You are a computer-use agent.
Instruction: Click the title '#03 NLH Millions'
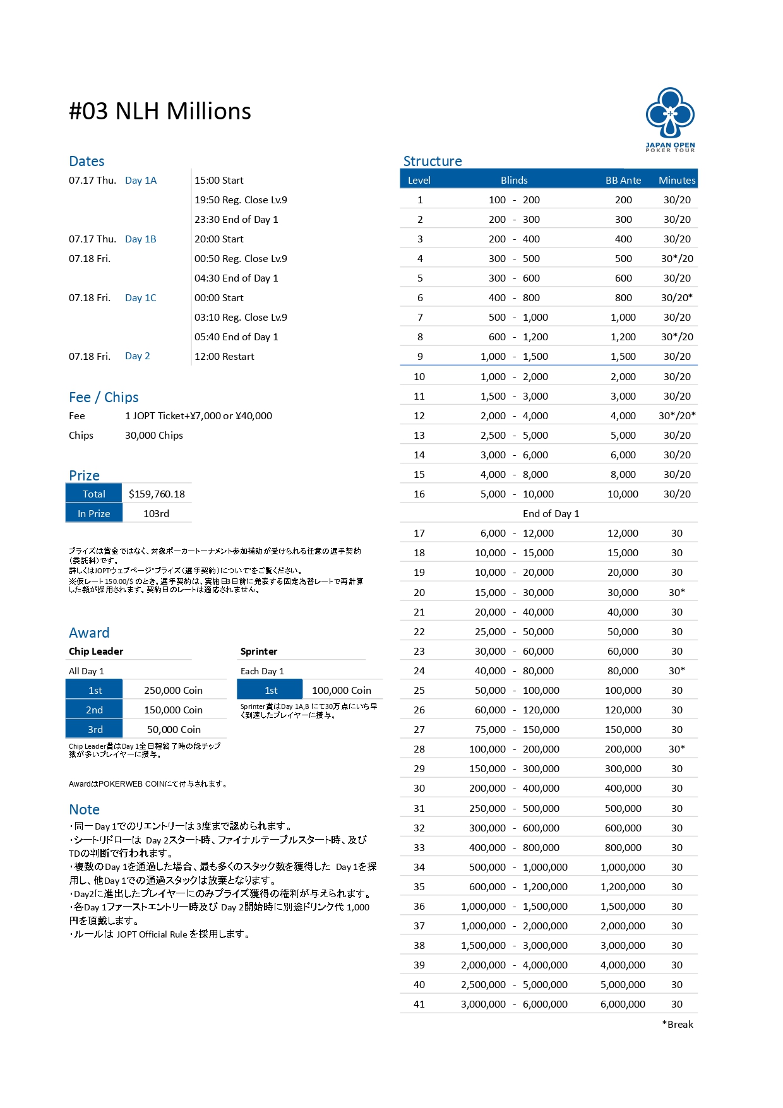click(160, 112)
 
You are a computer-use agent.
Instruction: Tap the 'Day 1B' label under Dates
click(140, 239)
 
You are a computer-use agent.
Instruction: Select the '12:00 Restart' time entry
click(224, 357)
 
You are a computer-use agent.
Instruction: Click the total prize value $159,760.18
click(157, 494)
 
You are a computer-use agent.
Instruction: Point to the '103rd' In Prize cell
click(156, 514)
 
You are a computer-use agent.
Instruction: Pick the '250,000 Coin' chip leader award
click(173, 691)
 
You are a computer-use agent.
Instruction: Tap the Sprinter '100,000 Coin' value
click(341, 691)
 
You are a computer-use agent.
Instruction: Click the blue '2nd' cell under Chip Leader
click(94, 710)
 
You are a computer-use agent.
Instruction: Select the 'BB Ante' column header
click(623, 181)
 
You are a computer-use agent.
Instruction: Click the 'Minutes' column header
click(677, 181)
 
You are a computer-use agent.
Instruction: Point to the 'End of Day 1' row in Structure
click(551, 514)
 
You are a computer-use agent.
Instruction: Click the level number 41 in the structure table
click(419, 1004)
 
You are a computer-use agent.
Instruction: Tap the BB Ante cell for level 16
click(623, 494)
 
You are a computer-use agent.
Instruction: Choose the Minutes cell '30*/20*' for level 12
click(677, 416)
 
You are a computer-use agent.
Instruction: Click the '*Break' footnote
click(678, 1025)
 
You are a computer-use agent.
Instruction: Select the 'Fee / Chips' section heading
click(104, 398)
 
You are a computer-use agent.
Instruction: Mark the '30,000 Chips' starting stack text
click(154, 436)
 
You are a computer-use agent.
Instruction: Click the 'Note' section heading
click(84, 810)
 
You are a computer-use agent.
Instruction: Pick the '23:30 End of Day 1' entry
click(236, 220)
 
